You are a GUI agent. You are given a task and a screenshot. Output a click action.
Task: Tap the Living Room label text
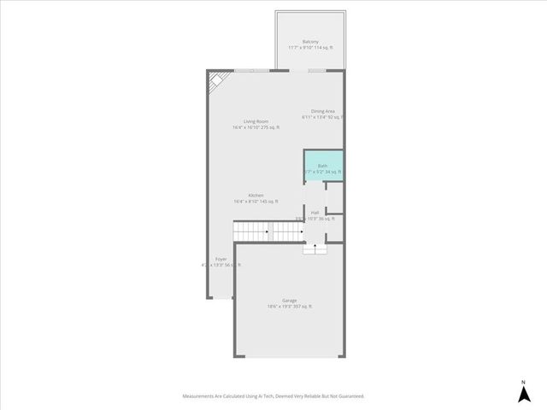pos(256,121)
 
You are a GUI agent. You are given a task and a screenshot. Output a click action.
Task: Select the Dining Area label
pos(323,111)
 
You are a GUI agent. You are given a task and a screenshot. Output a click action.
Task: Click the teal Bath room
pos(323,166)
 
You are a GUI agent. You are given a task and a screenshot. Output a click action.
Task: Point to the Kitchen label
pos(256,196)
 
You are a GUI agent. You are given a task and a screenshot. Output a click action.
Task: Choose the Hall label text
pos(315,212)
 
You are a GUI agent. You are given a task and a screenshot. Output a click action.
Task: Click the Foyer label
pos(221,259)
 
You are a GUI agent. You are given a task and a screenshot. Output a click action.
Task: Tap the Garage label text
pos(290,300)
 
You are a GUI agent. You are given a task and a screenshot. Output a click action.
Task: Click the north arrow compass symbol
pos(523,394)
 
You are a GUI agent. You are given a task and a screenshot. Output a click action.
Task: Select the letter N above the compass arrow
pos(523,381)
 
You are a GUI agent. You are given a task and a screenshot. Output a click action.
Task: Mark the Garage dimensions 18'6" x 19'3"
pos(290,306)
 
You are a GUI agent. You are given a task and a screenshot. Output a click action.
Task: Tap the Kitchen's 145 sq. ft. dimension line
pos(256,202)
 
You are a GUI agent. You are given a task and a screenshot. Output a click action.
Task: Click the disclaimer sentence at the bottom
pos(273,395)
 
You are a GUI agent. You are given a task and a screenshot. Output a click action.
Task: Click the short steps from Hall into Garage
pos(315,247)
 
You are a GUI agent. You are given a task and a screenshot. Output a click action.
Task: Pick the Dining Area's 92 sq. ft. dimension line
pos(323,117)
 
